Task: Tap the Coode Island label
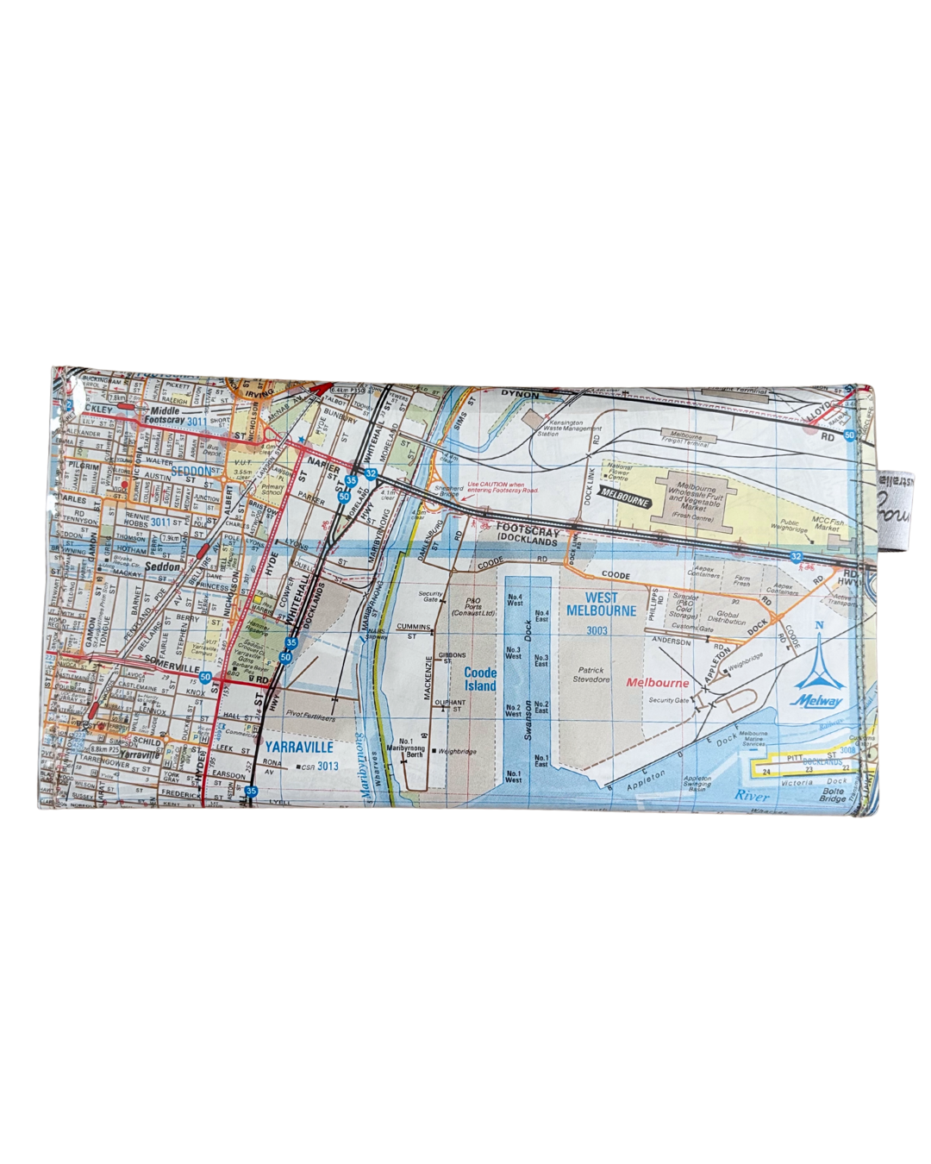[480, 679]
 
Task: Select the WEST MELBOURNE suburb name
[601, 604]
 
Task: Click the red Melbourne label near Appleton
[657, 683]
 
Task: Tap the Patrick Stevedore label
[591, 674]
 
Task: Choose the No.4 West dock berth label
[515, 599]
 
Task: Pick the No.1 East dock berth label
[540, 760]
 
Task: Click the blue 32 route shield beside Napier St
[371, 473]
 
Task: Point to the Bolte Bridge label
[833, 795]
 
